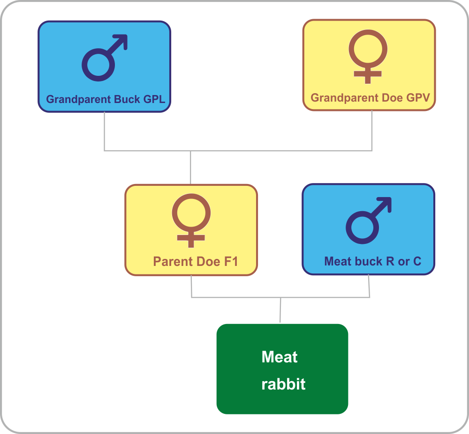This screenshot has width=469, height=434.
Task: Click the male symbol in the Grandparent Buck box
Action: [105, 58]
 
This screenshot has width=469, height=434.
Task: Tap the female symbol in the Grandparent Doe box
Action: [368, 56]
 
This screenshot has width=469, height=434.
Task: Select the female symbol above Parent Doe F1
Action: [191, 221]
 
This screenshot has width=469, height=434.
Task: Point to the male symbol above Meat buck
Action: [369, 221]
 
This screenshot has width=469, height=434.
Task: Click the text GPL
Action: [154, 99]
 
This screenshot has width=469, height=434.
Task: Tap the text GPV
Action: [418, 97]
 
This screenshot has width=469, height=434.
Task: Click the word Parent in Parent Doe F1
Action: [173, 261]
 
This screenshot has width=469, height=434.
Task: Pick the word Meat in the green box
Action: [280, 357]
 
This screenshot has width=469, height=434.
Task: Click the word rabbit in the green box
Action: [284, 384]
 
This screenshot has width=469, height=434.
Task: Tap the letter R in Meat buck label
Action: [390, 261]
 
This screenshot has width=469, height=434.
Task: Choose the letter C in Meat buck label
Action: [417, 261]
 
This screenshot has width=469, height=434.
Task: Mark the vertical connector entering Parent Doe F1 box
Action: [190, 168]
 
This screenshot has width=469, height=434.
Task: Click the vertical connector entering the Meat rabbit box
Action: [280, 310]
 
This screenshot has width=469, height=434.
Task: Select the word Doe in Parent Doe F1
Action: [209, 261]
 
